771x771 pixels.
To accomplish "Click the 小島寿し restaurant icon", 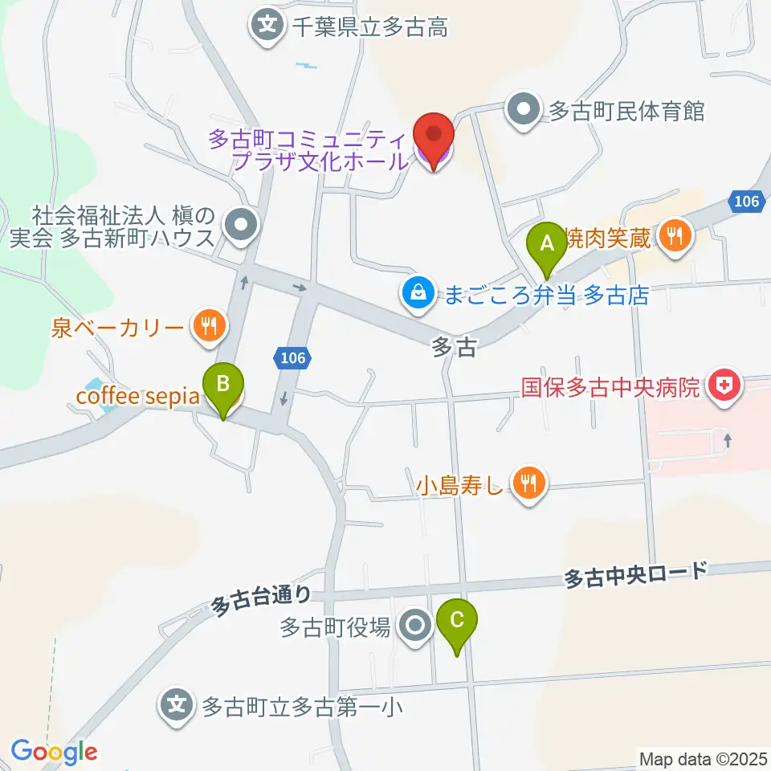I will click(528, 483).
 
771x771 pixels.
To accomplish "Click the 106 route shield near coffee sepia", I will click(292, 357).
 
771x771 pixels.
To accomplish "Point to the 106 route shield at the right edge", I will click(747, 202).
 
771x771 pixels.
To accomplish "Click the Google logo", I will click(54, 753).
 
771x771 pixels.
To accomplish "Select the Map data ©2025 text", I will click(704, 758).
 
